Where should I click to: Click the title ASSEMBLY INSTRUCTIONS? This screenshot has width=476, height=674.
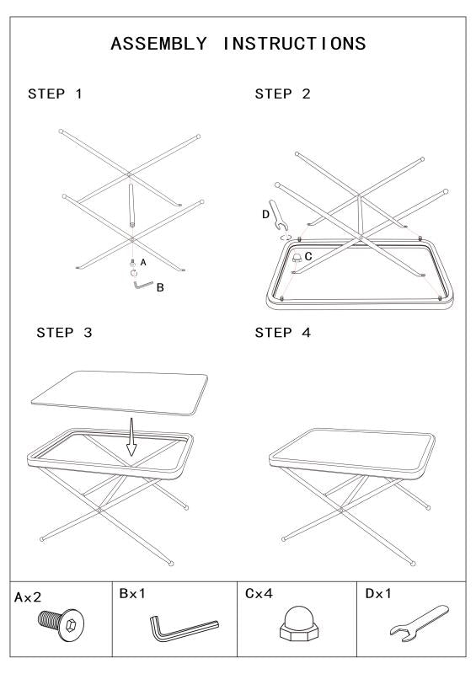click(x=238, y=45)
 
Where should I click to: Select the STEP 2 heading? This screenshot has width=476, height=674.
click(x=282, y=94)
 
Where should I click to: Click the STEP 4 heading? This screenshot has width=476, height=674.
click(x=282, y=332)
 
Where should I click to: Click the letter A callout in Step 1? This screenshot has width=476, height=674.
click(x=143, y=263)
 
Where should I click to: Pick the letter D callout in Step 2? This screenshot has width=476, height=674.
click(x=265, y=216)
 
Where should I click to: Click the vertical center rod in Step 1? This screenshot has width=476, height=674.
click(x=132, y=206)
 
